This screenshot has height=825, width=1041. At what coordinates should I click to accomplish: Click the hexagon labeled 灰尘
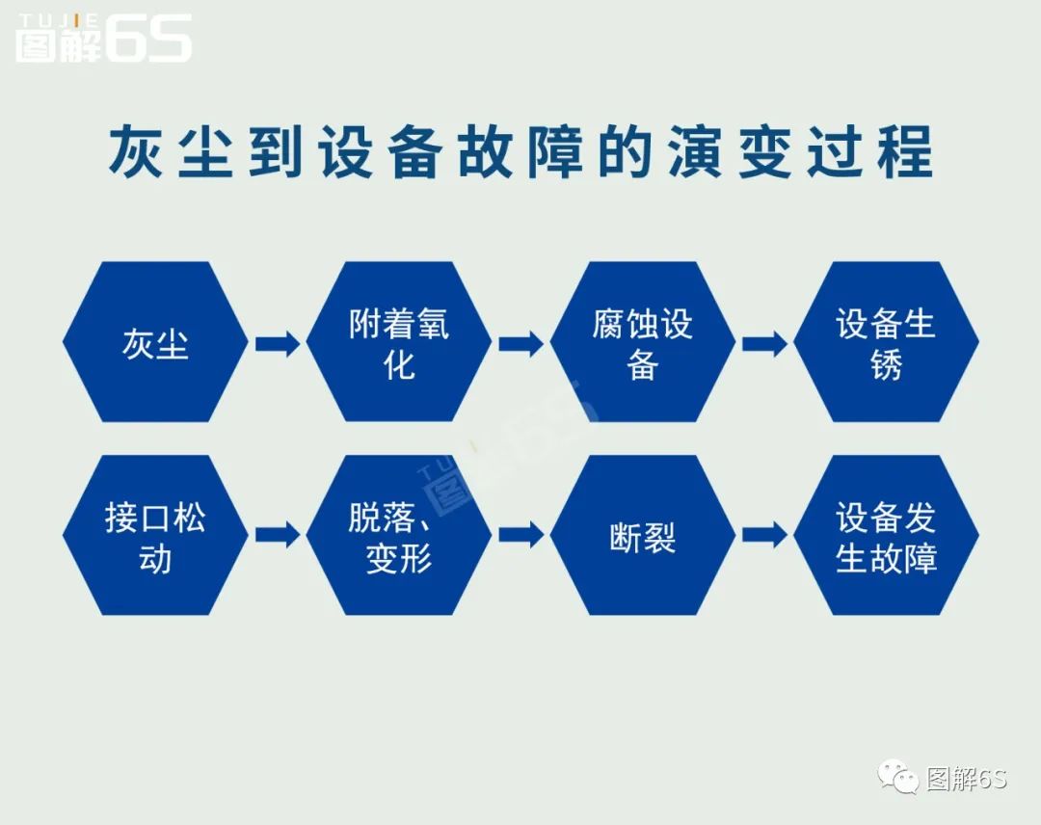tap(155, 342)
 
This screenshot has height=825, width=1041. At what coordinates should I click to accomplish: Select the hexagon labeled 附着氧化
tap(399, 342)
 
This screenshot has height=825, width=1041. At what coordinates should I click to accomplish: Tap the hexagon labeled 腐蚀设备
tap(643, 342)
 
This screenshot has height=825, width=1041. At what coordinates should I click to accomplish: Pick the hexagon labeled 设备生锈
tap(886, 342)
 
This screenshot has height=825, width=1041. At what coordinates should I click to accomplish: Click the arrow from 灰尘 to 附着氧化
tap(278, 343)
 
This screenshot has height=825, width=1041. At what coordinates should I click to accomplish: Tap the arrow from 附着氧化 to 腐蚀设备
tap(521, 343)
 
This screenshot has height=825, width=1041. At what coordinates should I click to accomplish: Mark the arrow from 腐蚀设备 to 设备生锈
tap(764, 343)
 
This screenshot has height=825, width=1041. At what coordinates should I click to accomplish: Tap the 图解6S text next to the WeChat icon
tap(966, 778)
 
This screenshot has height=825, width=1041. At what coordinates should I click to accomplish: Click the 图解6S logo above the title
tap(103, 40)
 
